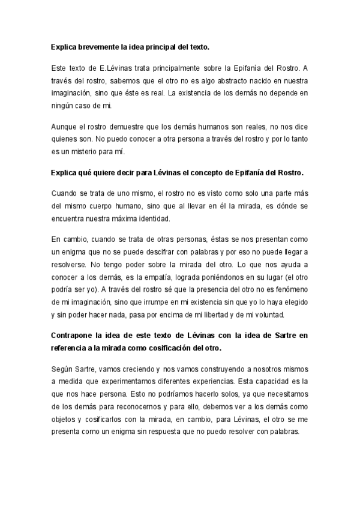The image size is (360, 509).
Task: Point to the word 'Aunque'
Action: coord(65,127)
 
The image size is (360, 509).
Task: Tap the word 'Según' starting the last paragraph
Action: coord(62,372)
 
